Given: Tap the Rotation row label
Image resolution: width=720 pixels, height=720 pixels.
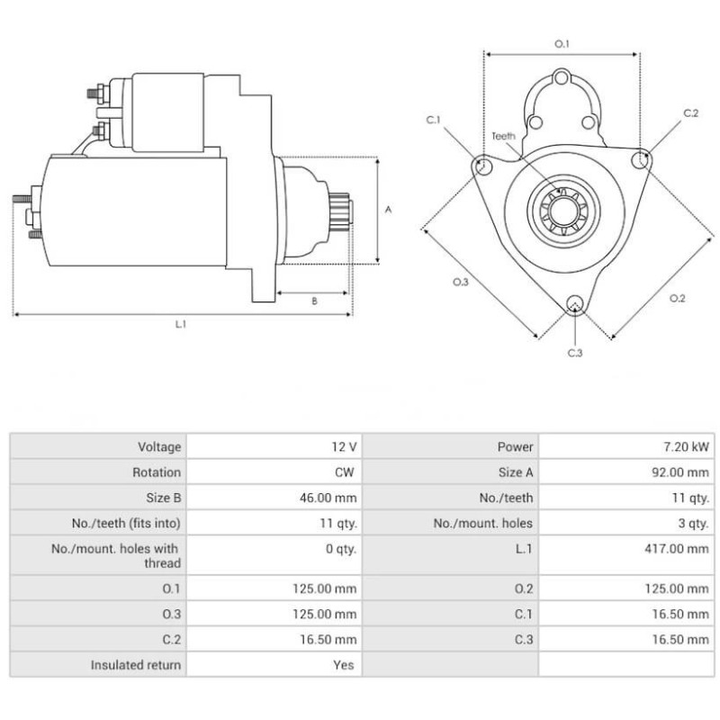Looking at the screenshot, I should tap(157, 472).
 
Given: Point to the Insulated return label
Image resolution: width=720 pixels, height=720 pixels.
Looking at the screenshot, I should tap(135, 665).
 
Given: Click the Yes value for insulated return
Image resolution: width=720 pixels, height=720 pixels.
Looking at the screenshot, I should tap(346, 665).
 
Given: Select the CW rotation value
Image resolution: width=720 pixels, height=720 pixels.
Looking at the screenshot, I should tap(346, 472).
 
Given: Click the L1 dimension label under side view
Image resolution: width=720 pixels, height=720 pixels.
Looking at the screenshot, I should tap(181, 324).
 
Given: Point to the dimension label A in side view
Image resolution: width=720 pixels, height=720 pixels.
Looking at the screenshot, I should tap(389, 210).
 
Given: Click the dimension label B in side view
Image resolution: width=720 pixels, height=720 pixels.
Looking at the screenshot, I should tap(314, 301).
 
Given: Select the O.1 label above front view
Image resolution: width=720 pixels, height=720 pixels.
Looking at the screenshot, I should tap(562, 43).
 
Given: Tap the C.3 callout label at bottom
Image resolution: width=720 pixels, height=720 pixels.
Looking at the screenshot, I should tap(575, 353).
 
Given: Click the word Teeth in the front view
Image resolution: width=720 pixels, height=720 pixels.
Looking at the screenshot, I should tap(504, 136).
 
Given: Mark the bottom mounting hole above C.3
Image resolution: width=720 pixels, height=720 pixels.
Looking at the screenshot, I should tap(575, 305).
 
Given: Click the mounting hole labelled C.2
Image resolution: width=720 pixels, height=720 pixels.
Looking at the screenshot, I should tap(641, 160).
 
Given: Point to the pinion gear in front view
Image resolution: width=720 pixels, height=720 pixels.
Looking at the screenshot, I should tap(562, 211).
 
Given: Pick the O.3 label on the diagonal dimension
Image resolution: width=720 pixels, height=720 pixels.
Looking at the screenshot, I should tap(460, 282).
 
